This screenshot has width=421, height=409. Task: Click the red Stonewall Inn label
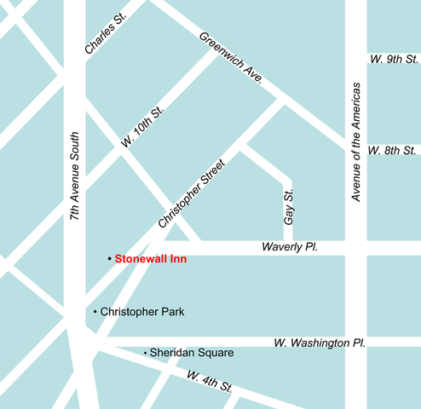pos(151,258)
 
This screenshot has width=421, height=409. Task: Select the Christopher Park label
pos(141,312)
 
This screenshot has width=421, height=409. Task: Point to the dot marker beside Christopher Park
pos(95,312)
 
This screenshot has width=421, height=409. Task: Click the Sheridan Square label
pos(192,352)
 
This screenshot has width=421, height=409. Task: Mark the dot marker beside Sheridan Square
pos(145,352)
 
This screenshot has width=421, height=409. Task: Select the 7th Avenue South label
pos(75,178)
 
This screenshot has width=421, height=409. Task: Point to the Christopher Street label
pos(191,193)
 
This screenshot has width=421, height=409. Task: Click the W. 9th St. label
pos(393,60)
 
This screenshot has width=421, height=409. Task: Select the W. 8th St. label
pos(393,151)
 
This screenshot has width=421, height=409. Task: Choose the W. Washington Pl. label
pos(320,343)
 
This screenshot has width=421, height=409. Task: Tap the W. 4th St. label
pos(210,381)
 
